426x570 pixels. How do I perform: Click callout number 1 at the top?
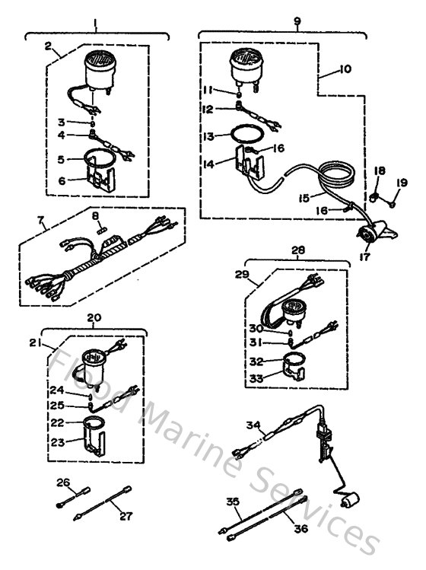point(96,24)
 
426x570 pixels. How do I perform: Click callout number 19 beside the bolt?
point(402,183)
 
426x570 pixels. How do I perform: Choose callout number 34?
point(254,425)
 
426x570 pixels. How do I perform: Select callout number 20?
point(95,319)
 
